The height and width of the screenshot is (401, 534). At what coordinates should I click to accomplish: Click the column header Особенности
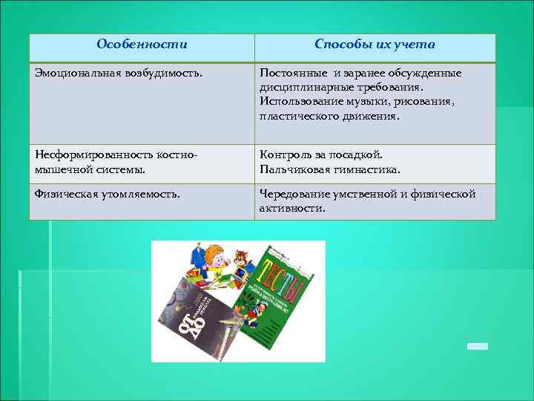click(142, 45)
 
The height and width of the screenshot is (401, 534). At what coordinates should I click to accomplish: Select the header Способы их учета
click(375, 45)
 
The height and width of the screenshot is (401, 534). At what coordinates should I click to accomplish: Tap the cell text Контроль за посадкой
click(320, 154)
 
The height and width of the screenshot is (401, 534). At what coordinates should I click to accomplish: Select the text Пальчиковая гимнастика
click(329, 169)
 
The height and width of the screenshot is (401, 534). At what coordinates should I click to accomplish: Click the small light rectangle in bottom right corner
click(477, 346)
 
